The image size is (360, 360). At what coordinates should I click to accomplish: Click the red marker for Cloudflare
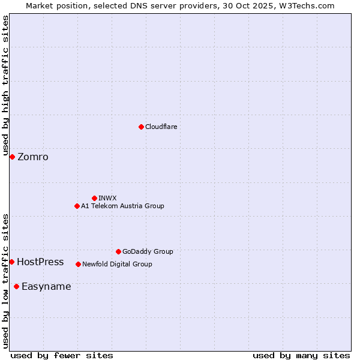point(141,127)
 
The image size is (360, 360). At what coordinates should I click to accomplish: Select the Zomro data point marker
point(12,157)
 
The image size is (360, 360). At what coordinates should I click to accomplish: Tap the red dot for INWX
point(94,198)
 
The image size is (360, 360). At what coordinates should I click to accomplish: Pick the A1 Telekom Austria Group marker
point(77,206)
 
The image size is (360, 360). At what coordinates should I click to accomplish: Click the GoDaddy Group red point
point(118,251)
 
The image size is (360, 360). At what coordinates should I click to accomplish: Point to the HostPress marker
point(11,262)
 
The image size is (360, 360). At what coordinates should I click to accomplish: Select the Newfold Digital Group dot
point(78,264)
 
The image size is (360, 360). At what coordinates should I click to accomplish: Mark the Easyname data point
point(16,286)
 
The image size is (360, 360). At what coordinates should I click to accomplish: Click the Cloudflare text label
point(161,127)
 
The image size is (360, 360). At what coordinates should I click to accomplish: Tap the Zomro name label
point(33,157)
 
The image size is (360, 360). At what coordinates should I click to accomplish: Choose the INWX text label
point(107,198)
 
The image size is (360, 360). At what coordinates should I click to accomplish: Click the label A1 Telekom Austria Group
point(122,206)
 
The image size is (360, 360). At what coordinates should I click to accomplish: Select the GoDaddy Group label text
point(148,251)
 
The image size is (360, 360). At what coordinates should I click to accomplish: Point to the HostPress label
point(40,262)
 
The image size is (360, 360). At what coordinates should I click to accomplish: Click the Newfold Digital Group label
point(117,264)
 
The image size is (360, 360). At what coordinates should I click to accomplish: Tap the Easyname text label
point(46,287)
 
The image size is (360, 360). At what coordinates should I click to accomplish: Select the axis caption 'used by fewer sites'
point(62,355)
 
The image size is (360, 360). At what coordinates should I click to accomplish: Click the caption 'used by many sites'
point(301,355)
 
